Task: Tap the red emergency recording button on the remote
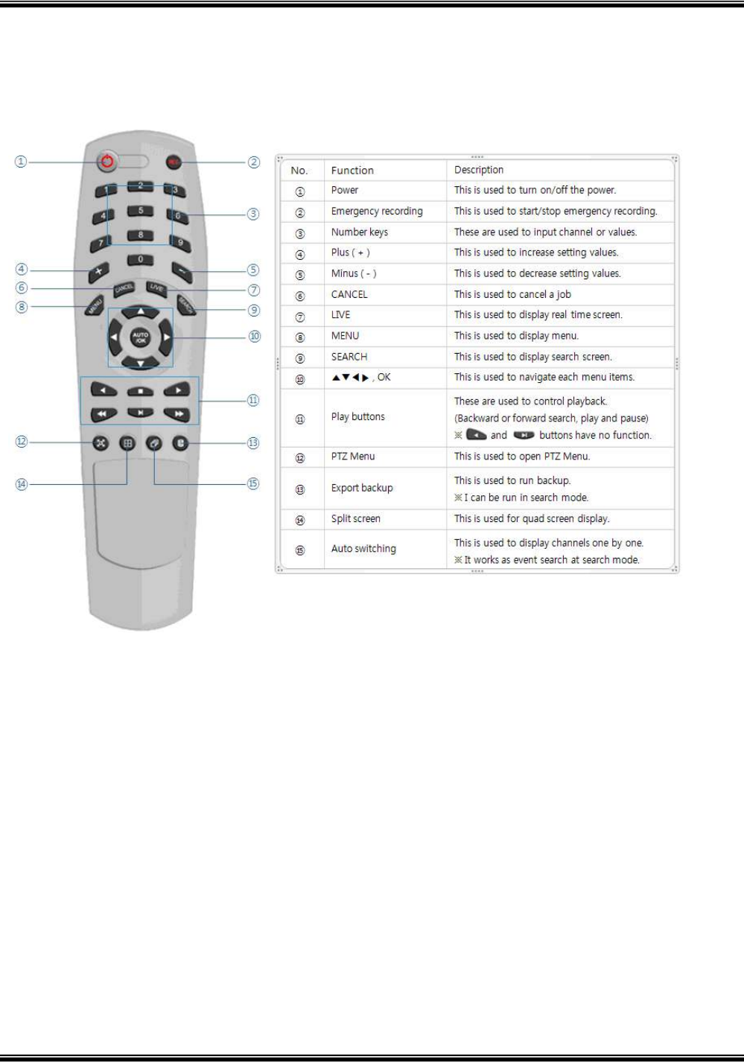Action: (174, 162)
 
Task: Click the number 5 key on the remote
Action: (141, 212)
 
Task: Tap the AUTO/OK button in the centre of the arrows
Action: (140, 337)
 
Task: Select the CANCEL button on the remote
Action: (124, 289)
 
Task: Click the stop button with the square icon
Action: (140, 390)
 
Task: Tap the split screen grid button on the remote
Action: (127, 443)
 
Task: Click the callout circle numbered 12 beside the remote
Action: (22, 442)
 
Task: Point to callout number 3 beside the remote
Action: (253, 214)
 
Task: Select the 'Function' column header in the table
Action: (352, 171)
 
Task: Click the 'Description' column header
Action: (479, 170)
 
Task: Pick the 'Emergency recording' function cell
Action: (377, 212)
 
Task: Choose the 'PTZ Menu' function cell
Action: (353, 457)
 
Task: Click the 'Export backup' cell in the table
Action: (362, 488)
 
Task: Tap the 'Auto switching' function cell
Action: (363, 549)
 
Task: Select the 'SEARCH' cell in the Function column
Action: (349, 357)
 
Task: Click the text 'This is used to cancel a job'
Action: (512, 294)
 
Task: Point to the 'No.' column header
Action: (299, 171)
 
